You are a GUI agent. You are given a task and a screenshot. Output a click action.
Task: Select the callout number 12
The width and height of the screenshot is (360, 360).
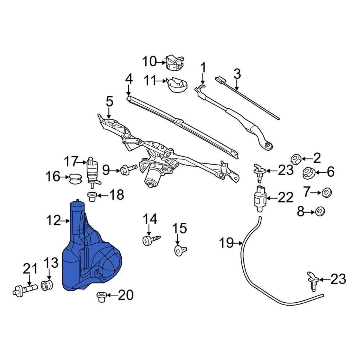(x=54, y=220)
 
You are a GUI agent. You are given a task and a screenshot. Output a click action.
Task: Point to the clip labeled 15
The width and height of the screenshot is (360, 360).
(x=180, y=250)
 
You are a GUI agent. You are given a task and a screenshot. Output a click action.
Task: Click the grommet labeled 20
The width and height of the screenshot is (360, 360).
(x=100, y=297)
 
